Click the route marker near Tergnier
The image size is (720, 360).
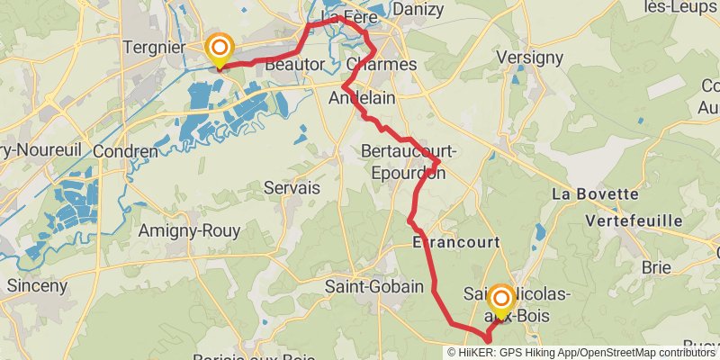point(219,48)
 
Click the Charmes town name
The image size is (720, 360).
point(382,65)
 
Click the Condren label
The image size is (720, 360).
point(125,151)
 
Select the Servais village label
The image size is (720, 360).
point(292,188)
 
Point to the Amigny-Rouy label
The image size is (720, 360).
point(189,231)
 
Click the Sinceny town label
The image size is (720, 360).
point(37,285)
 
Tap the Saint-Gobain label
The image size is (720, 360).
point(373,287)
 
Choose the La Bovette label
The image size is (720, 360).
point(588,193)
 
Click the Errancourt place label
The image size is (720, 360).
point(455,243)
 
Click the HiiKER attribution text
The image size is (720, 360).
point(580,352)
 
